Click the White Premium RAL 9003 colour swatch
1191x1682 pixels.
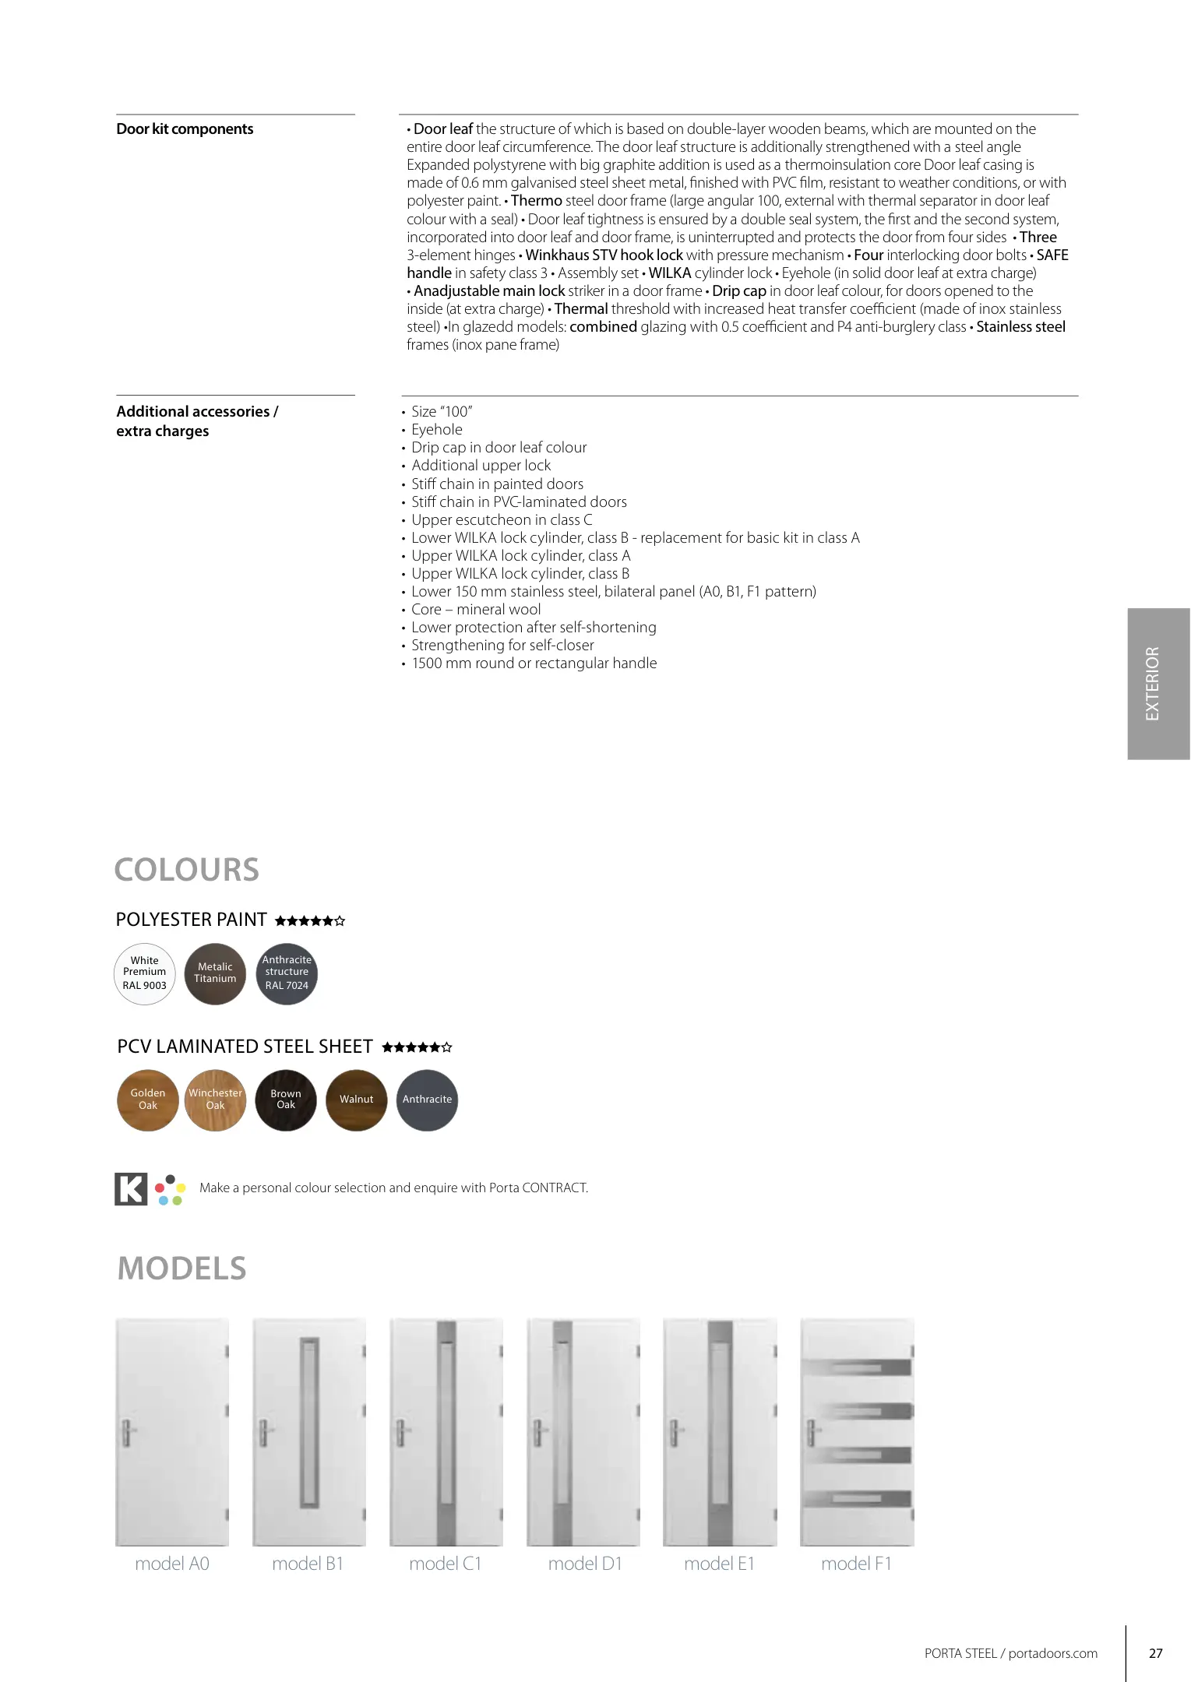pos(145,973)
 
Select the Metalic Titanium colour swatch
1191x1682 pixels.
pos(215,973)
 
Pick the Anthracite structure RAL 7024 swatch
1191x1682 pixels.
pos(287,973)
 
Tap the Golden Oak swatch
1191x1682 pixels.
pos(148,1100)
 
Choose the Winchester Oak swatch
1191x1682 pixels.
pos(216,1100)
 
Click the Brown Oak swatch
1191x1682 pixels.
pos(286,1100)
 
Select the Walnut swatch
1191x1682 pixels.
pos(357,1100)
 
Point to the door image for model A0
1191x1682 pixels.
pos(172,1431)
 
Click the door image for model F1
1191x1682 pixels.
pos(857,1431)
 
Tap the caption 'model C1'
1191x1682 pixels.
pos(446,1564)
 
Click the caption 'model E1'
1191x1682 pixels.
pos(719,1564)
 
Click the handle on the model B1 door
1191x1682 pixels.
pos(264,1431)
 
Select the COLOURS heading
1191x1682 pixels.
pos(187,870)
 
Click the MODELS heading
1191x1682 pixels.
pos(182,1269)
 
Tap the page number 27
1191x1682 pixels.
pos(1156,1653)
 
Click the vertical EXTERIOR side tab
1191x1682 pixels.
pos(1158,684)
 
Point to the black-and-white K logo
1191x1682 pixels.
pos(131,1188)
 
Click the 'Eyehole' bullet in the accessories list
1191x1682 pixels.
pos(436,430)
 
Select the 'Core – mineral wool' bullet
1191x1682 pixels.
pos(475,610)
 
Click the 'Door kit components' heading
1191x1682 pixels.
pos(185,129)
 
